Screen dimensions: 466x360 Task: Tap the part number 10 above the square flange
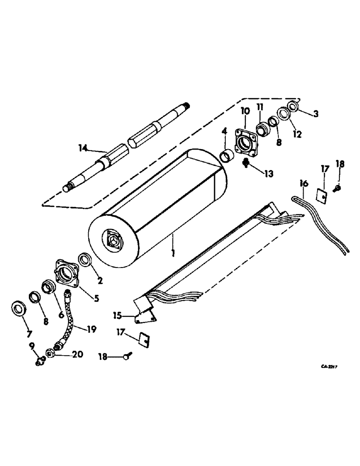245,110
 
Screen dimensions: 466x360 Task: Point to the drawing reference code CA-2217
329,366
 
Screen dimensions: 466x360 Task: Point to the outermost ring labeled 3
294,105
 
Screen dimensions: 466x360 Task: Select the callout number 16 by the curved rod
304,184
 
